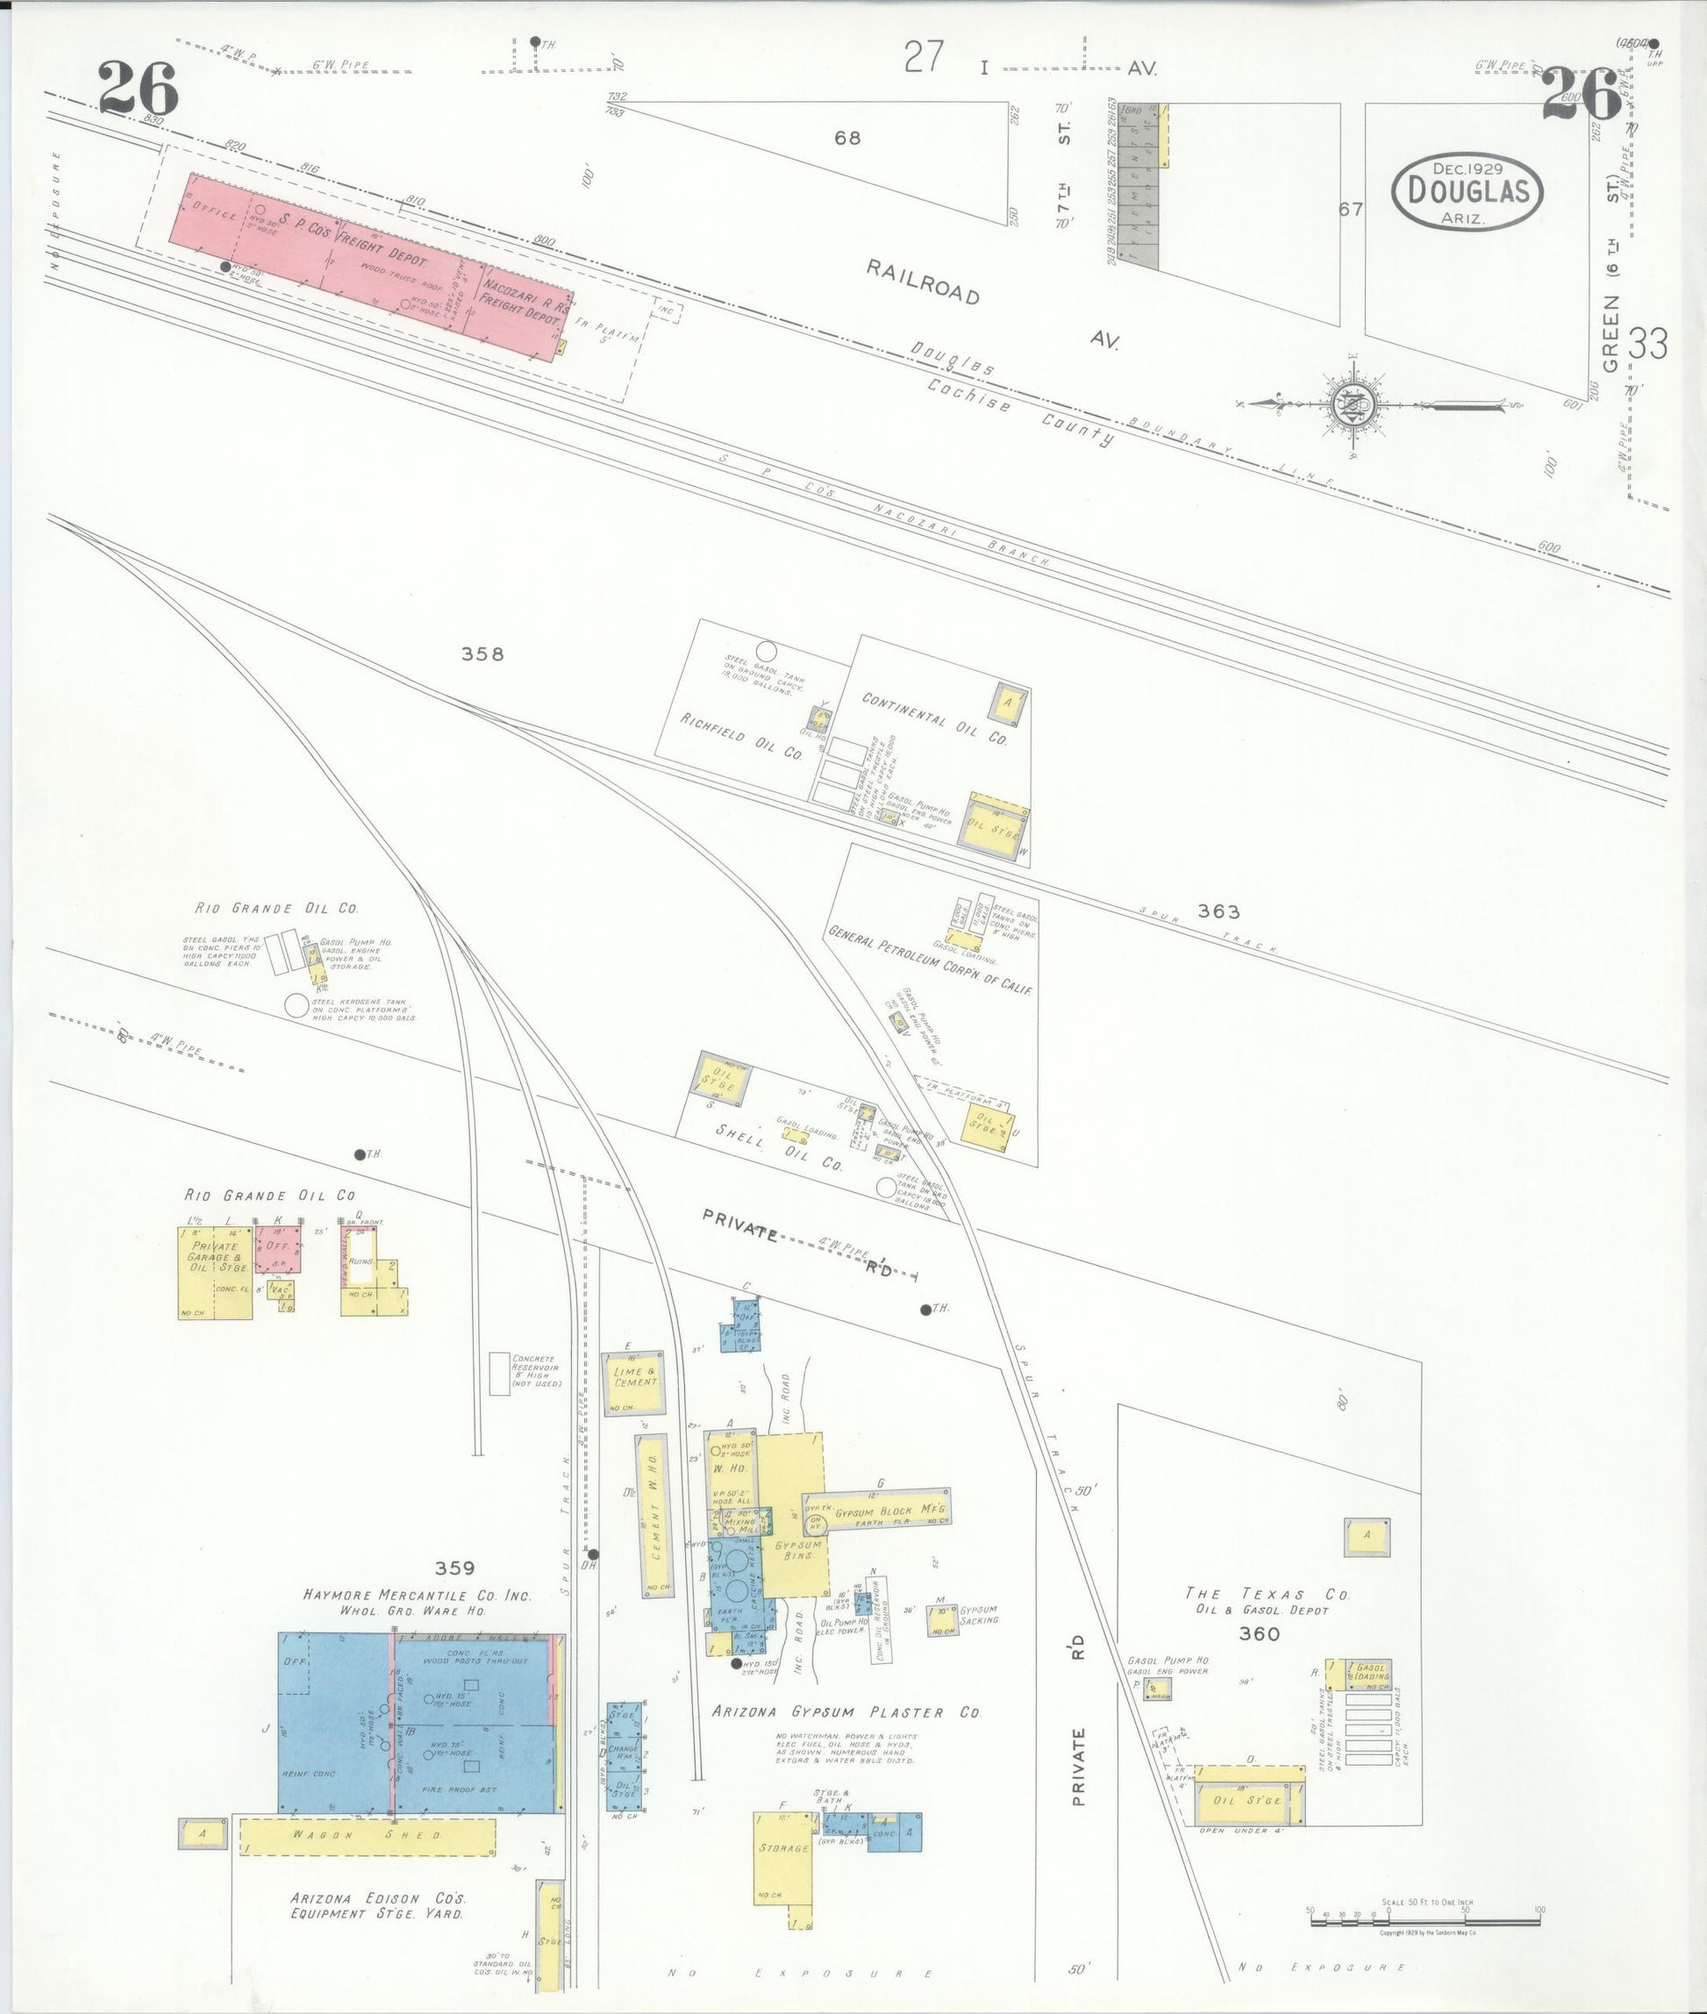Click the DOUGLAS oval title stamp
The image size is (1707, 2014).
pyautogui.click(x=1466, y=191)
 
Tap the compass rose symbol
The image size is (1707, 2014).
pyautogui.click(x=1347, y=403)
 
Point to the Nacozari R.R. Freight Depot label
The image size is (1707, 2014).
pyautogui.click(x=523, y=301)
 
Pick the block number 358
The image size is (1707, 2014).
pyautogui.click(x=482, y=654)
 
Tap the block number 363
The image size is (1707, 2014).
pyautogui.click(x=1218, y=911)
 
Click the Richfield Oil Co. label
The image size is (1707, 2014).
pyautogui.click(x=741, y=736)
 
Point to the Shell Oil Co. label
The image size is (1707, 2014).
pyautogui.click(x=779, y=1146)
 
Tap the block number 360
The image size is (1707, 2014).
pyautogui.click(x=1259, y=1633)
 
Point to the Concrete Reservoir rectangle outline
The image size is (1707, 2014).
pyautogui.click(x=499, y=1374)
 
